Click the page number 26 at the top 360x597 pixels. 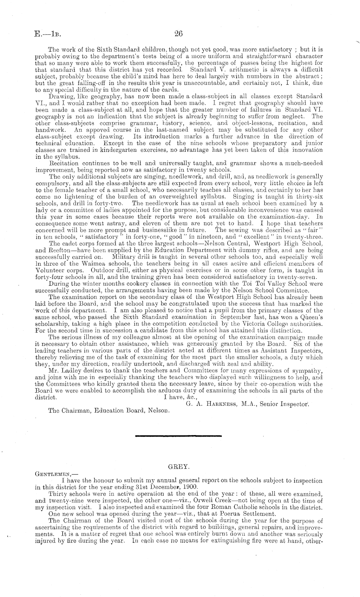[x=179, y=33]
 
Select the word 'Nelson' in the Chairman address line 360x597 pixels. [x=160, y=411]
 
